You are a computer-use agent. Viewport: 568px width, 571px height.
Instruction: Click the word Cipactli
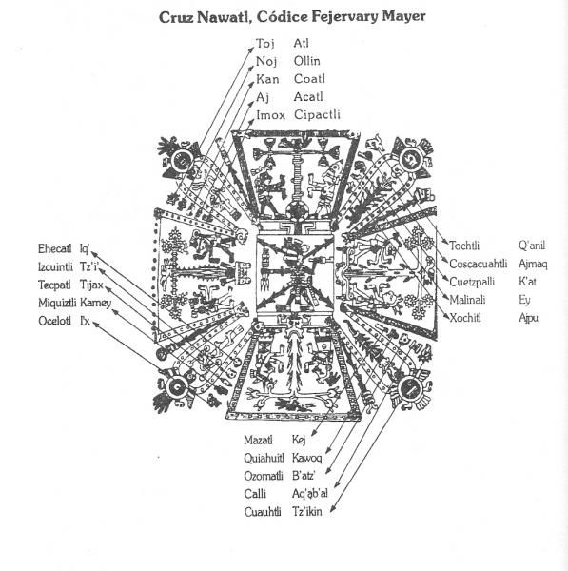click(317, 115)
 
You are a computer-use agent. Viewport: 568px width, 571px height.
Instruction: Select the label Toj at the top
click(265, 44)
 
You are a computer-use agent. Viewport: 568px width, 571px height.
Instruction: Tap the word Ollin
click(307, 61)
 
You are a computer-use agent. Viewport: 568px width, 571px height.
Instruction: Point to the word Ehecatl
click(54, 248)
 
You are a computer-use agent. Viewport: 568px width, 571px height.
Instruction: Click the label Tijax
click(91, 285)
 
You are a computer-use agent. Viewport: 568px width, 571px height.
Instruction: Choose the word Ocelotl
click(54, 321)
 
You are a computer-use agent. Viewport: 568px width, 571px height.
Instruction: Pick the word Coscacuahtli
click(478, 264)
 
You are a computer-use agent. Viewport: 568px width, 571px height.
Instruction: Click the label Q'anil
click(532, 246)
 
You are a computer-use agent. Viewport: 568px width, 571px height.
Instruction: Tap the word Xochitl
click(465, 318)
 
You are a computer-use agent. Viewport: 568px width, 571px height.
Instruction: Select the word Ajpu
click(529, 318)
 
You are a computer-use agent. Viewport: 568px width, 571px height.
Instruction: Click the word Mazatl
click(258, 440)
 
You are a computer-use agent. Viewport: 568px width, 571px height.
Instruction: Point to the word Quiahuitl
click(264, 458)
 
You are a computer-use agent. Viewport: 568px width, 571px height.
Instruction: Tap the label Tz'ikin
click(307, 512)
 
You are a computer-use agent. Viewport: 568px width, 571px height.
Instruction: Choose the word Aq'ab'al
click(310, 493)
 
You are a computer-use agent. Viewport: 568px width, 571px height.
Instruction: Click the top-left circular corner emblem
click(181, 160)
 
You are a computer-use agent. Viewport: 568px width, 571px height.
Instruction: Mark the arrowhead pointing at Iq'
click(93, 253)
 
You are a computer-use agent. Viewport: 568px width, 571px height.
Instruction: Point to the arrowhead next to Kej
click(314, 433)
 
